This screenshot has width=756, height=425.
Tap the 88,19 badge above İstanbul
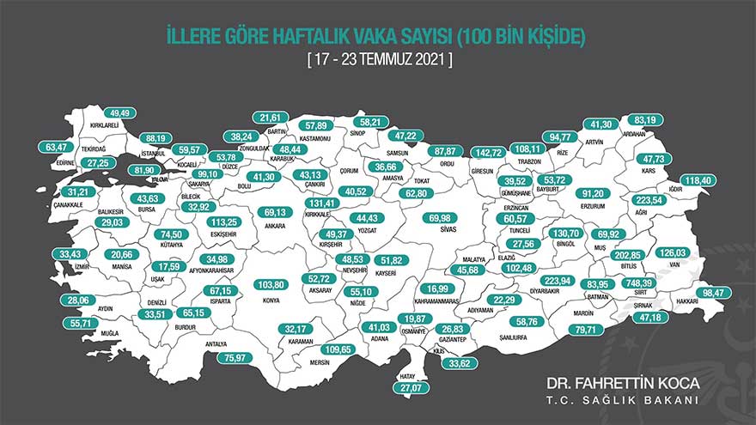pos(155,137)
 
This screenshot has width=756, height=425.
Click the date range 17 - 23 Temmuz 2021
pos(378,61)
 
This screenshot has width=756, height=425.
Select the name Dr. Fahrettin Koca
pos(625,380)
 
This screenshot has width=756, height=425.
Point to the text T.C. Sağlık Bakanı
pos(625,399)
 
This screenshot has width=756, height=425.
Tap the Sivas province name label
pos(440,230)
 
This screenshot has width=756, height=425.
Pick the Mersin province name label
pos(314,361)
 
